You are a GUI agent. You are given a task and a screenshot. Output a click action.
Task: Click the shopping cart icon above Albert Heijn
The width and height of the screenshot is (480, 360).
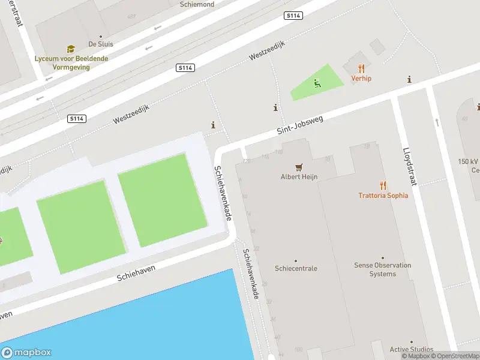tap(299, 167)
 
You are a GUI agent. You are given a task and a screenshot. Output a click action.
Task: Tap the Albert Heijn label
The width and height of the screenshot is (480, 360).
tap(299, 177)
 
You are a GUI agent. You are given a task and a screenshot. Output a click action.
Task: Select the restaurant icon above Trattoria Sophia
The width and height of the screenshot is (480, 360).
tap(383, 185)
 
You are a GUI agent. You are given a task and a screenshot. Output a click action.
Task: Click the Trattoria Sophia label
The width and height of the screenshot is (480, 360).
tap(383, 195)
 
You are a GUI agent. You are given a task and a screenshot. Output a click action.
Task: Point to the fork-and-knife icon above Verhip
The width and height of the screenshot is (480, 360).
tap(361, 68)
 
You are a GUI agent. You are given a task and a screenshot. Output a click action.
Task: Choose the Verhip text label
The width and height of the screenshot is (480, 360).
tap(361, 79)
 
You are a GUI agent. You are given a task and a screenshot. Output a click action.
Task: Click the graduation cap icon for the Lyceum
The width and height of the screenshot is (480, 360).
tap(71, 49)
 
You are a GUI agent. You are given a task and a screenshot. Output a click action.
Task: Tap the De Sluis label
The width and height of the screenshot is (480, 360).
tap(100, 44)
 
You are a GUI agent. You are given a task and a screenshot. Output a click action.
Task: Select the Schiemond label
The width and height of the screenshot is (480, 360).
tap(197, 4)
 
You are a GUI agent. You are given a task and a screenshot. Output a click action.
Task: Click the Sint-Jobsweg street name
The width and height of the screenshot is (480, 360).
tap(300, 125)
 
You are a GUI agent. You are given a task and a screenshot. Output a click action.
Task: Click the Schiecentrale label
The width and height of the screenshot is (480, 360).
tap(296, 268)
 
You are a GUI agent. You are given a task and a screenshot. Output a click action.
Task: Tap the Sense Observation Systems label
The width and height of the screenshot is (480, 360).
tap(382, 269)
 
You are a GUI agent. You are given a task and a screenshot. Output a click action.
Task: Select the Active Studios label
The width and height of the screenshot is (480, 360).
tap(411, 349)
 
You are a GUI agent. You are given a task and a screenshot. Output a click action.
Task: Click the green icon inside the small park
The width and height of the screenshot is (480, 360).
tap(317, 83)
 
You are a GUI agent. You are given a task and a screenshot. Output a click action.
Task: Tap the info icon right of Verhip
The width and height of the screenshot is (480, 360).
tap(409, 79)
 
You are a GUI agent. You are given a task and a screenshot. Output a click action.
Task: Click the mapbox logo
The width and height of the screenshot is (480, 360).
tap(26, 353)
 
